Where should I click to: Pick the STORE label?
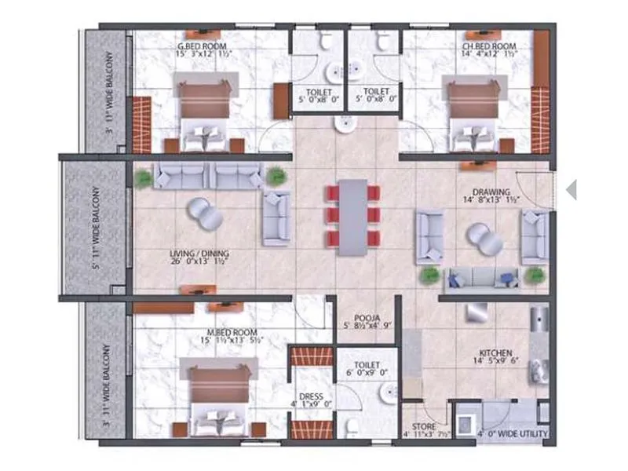(413, 425)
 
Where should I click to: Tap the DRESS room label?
(311, 396)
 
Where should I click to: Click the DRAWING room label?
(491, 192)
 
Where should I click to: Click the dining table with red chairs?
(353, 216)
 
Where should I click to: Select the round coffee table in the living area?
(205, 212)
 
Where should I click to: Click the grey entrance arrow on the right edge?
(571, 189)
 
